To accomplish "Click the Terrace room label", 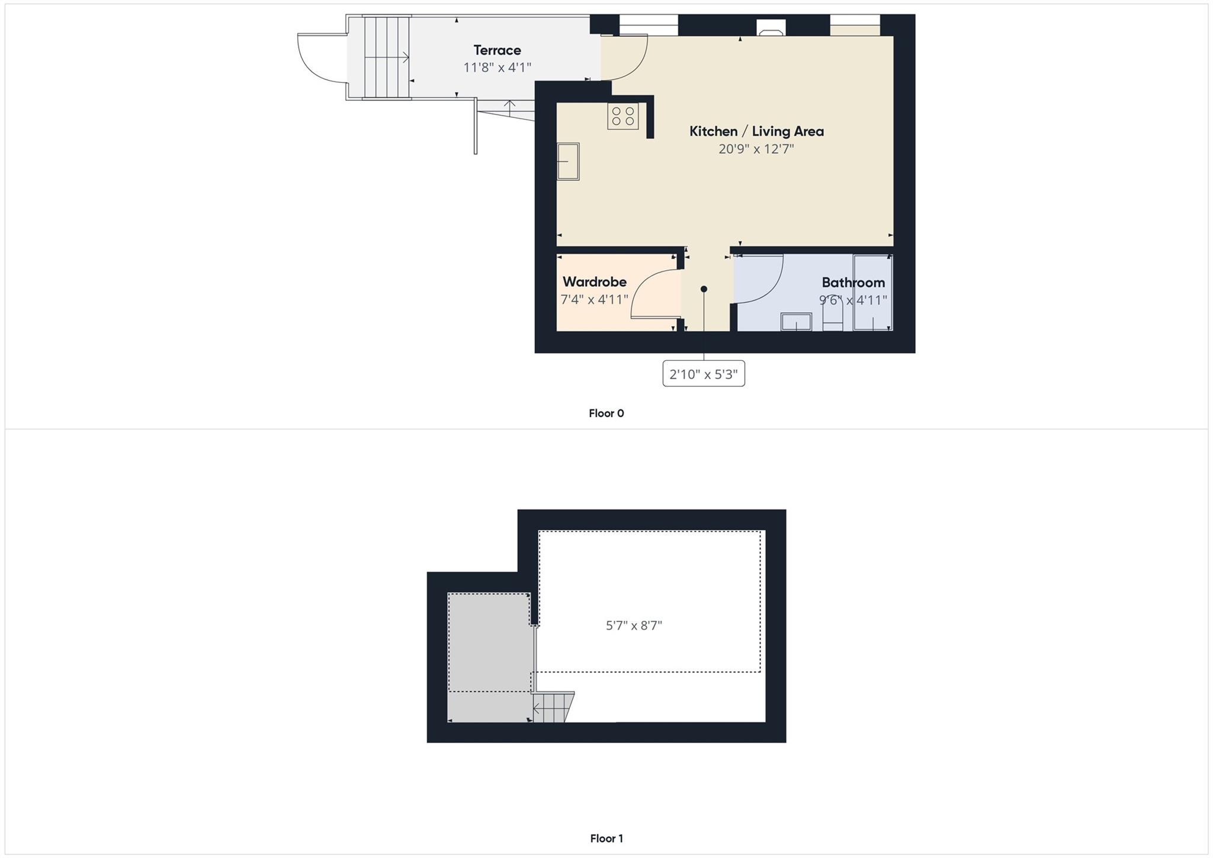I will [x=497, y=50].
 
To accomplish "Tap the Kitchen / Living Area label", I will [x=756, y=132].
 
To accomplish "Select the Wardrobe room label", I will [x=594, y=282].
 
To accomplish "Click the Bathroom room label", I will [x=853, y=283].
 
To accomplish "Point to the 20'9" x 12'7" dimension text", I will [x=756, y=149].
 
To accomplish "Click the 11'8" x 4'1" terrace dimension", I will [x=497, y=68].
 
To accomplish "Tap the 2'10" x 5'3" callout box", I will [x=704, y=374].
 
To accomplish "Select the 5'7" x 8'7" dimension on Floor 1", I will [x=634, y=626].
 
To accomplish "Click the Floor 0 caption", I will [x=606, y=414].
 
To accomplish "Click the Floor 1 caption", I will [x=606, y=838].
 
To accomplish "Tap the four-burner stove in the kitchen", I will [x=623, y=116].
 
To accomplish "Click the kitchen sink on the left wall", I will [x=568, y=161].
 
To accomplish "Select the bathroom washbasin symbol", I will [x=796, y=321].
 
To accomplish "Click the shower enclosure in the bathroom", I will [x=872, y=292].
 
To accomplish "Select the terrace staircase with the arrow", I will [x=386, y=57].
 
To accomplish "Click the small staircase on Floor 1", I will [x=553, y=707].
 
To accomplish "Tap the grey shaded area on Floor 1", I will [x=489, y=652].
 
